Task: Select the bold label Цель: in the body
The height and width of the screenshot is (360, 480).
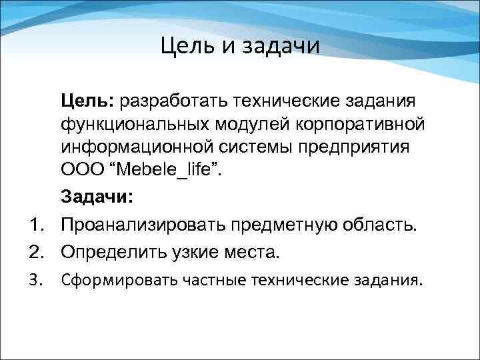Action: pos(89,101)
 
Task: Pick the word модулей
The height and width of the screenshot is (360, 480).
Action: pos(261,125)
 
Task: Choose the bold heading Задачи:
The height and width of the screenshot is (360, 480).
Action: pos(97,197)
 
